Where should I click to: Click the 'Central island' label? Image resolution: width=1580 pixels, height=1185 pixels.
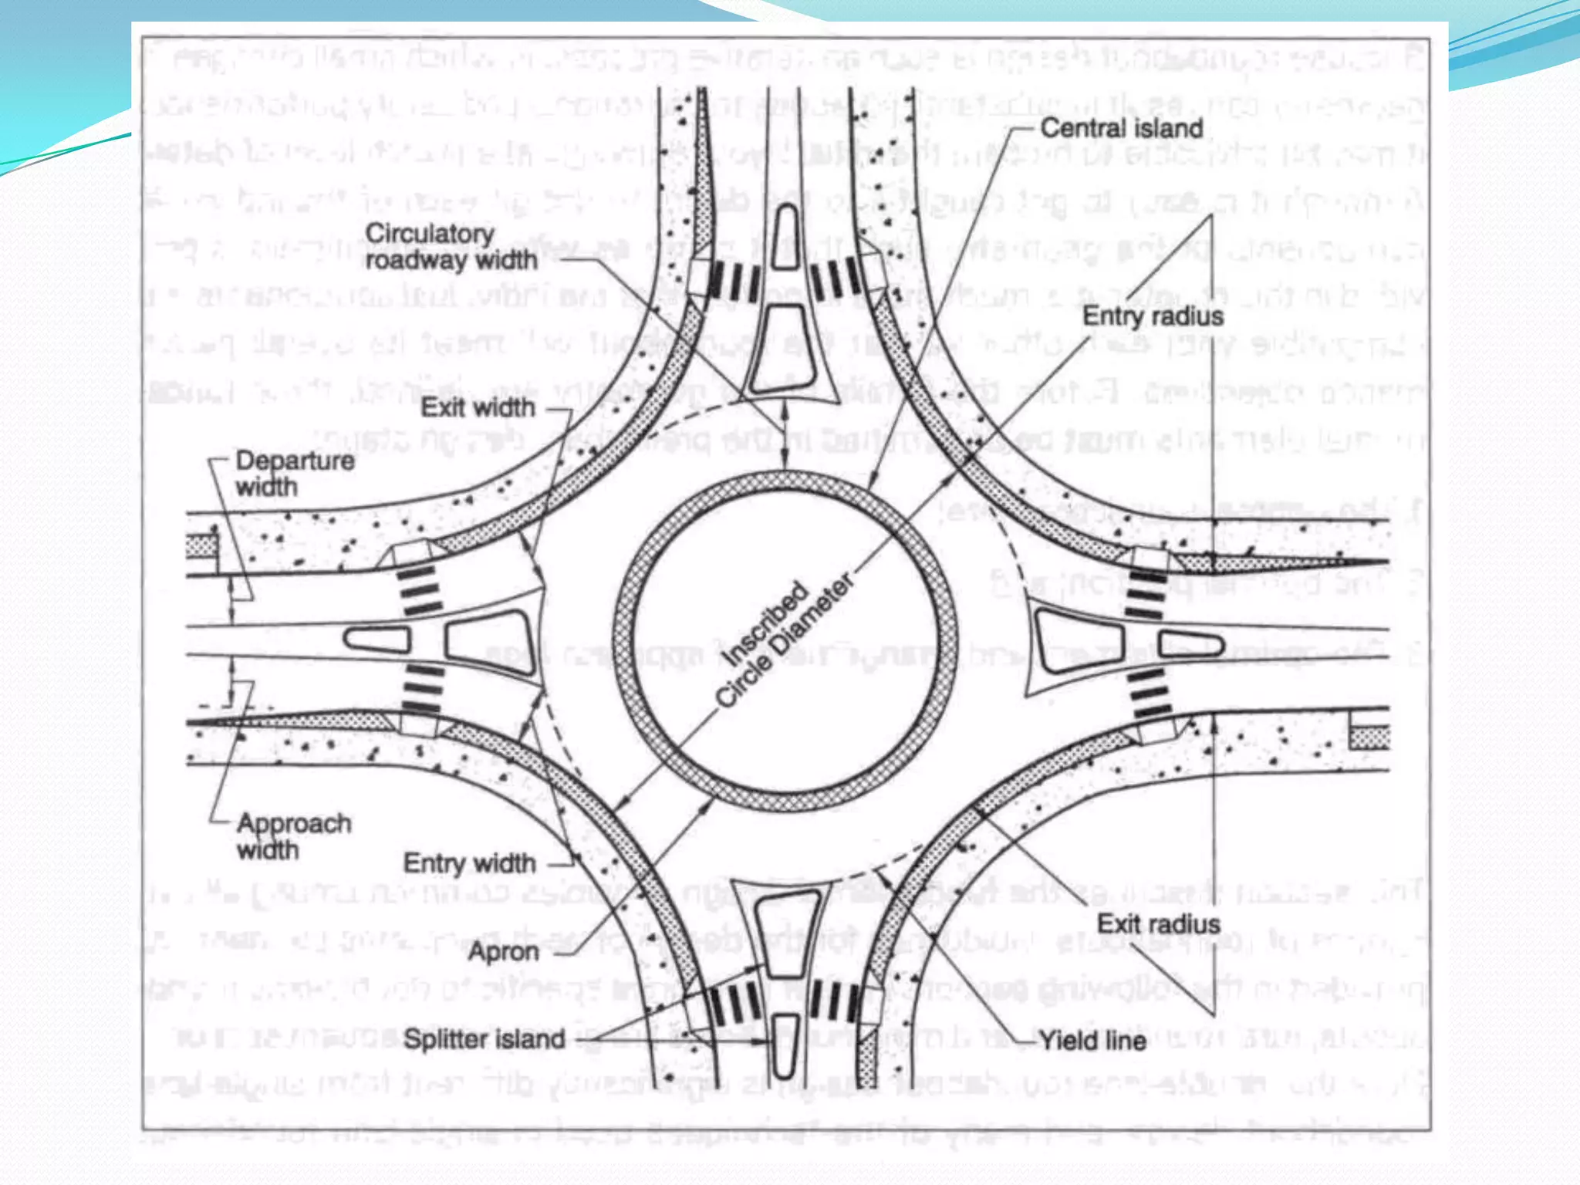coord(1121,128)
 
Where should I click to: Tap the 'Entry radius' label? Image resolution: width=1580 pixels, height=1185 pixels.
coord(1153,316)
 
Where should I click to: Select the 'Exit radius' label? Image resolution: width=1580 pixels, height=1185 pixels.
coord(1158,923)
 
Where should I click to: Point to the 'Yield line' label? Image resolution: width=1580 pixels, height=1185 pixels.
coord(1092,1041)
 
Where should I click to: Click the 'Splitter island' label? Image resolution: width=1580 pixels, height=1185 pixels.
coord(484,1039)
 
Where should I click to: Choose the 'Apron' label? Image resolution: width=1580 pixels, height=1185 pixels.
coord(503,951)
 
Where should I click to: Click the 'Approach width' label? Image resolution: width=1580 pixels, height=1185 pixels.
coord(293,836)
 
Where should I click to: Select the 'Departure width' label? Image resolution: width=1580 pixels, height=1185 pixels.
coord(294,473)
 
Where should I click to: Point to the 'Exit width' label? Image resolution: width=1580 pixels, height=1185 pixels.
coord(478,407)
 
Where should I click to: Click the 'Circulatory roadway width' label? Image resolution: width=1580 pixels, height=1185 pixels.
coord(451,247)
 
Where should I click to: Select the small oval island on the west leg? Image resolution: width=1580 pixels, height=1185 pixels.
coord(376,639)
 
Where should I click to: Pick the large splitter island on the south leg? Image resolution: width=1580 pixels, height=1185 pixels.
coord(785,933)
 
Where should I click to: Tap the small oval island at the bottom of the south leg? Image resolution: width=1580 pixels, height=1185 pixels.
coord(785,1045)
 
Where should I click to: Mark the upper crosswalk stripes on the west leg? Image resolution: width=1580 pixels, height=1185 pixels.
coord(419,592)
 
